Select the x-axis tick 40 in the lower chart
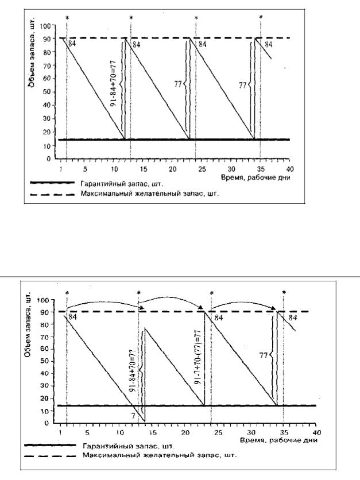click(x=315, y=431)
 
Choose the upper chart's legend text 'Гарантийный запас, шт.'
click(x=127, y=184)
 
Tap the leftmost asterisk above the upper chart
click(x=67, y=18)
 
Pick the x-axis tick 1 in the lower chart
click(x=60, y=431)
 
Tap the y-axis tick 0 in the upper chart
click(x=52, y=158)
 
